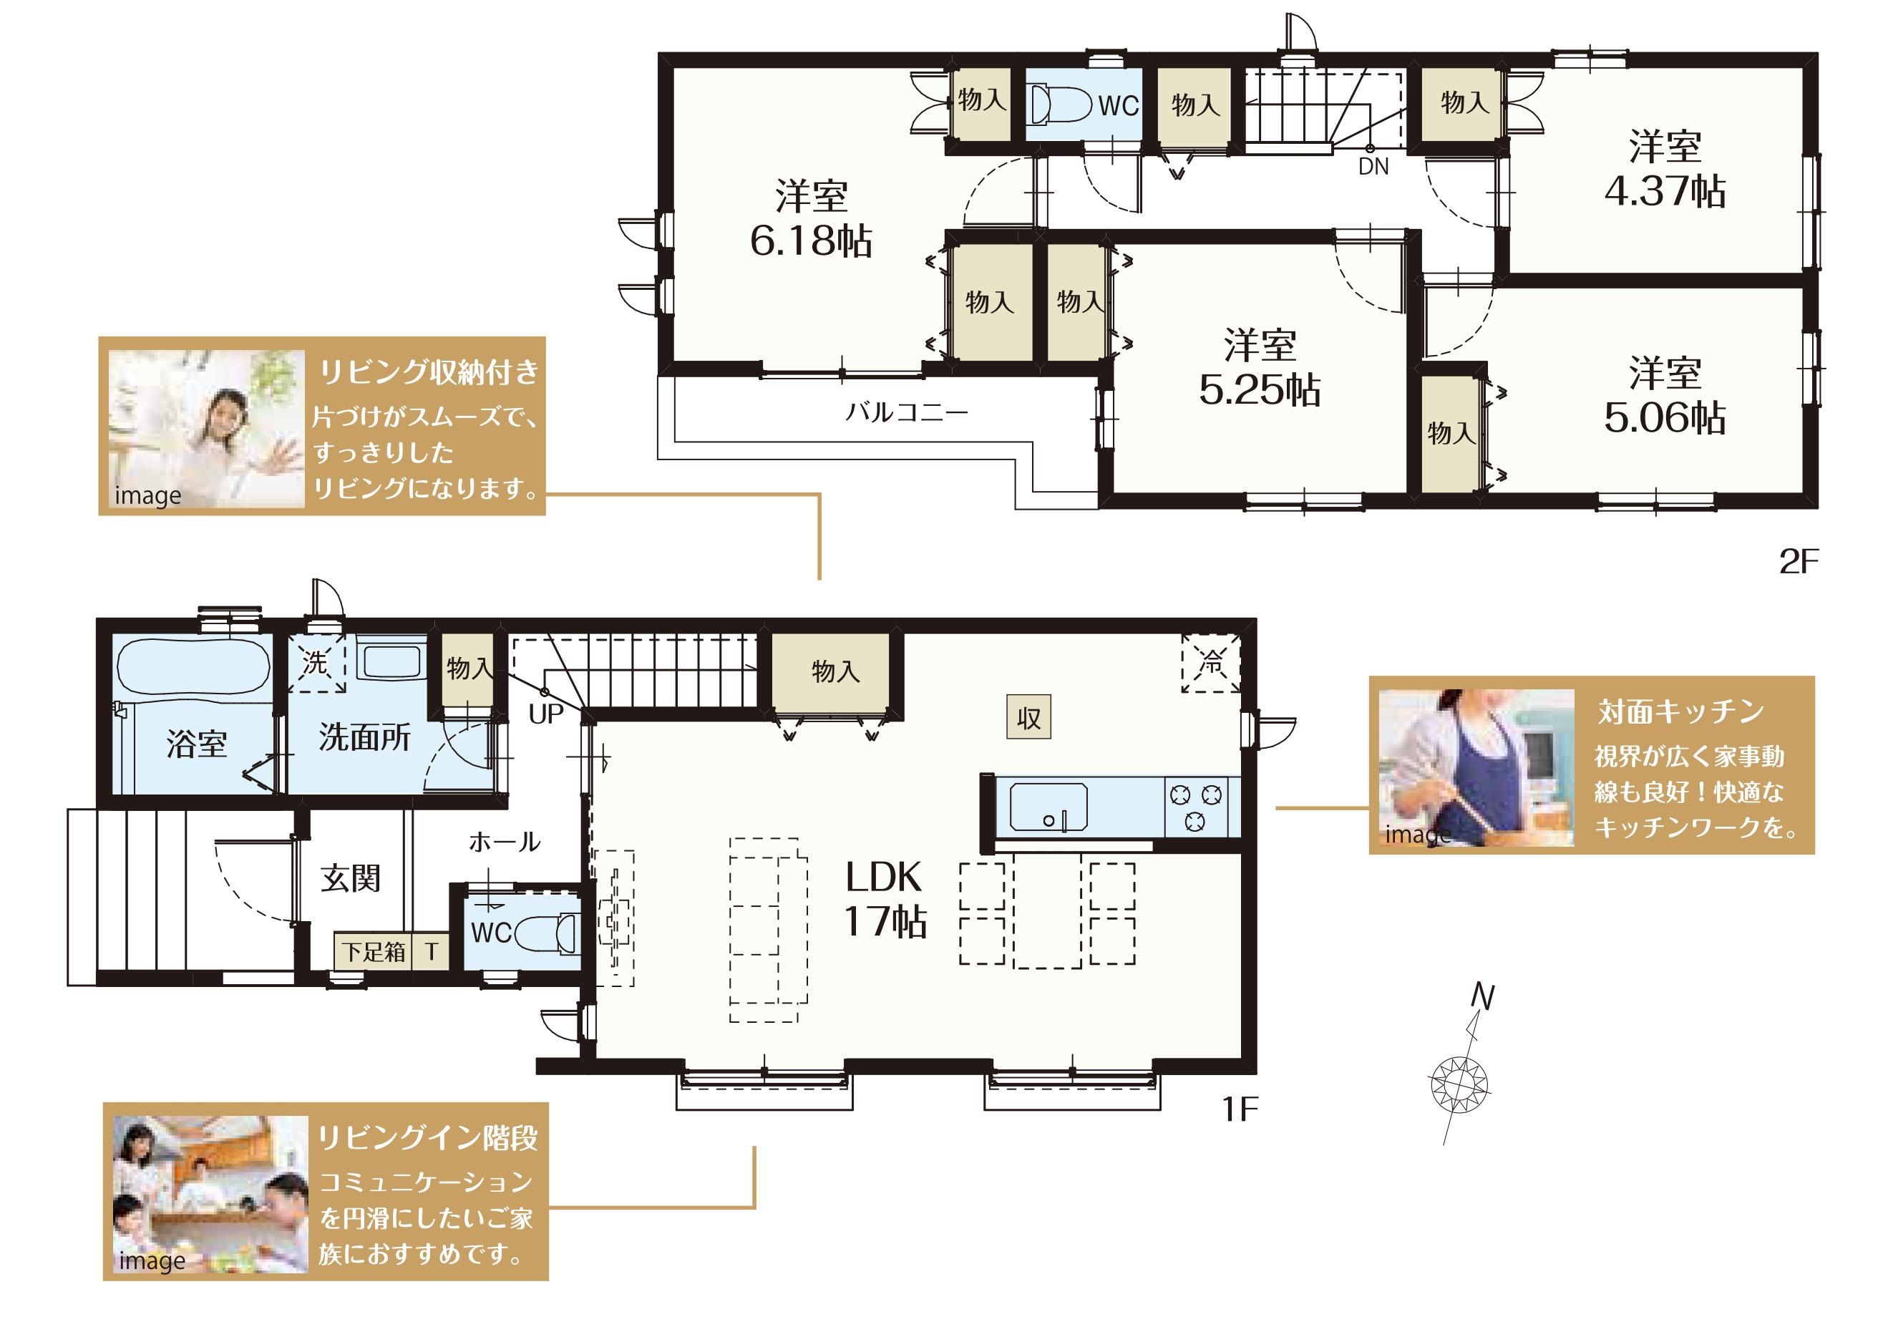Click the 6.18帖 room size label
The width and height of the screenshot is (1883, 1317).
click(811, 240)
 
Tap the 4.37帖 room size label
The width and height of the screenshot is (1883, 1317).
click(1665, 191)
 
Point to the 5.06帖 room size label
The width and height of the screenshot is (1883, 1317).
click(1665, 418)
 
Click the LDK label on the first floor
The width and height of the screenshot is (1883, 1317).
click(883, 878)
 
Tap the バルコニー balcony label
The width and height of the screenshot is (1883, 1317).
click(907, 411)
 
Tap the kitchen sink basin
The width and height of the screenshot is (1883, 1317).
click(1048, 807)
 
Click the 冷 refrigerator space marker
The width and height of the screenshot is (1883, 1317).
click(1210, 663)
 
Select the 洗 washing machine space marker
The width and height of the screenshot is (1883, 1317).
click(316, 663)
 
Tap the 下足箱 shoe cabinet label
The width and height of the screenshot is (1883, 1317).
click(374, 952)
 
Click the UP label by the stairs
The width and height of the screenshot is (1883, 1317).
click(546, 714)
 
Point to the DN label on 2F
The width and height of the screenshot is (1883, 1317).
click(1373, 167)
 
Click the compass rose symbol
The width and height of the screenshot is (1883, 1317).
click(1459, 1085)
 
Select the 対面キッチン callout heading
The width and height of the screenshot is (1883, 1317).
click(1680, 711)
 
